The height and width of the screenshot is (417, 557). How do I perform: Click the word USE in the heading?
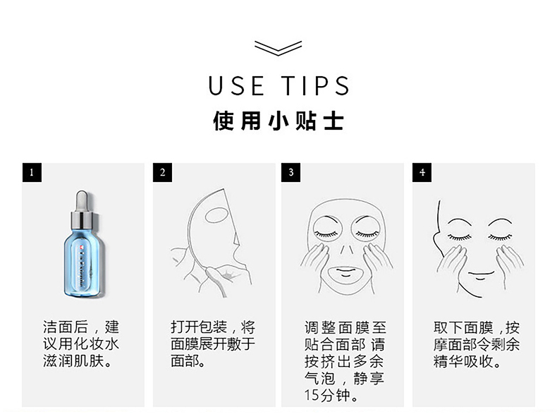(236, 85)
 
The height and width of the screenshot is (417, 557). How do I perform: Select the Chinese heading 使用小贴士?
(278, 121)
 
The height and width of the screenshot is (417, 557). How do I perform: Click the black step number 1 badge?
(32, 172)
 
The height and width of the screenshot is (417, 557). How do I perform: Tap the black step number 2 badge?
(162, 172)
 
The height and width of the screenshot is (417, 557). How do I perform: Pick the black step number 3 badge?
(290, 172)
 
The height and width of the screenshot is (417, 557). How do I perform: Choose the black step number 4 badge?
(422, 172)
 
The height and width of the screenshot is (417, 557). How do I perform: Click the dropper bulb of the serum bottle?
(82, 200)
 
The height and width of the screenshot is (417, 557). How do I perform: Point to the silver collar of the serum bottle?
(82, 220)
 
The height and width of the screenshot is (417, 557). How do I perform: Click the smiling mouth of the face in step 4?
(481, 274)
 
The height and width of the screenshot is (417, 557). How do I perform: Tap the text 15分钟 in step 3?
(327, 395)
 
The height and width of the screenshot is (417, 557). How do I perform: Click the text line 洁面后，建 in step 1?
(81, 327)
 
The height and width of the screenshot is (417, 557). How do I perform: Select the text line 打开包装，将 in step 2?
(213, 327)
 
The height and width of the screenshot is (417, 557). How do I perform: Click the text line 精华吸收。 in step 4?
(467, 361)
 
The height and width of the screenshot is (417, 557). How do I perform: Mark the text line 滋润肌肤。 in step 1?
(78, 361)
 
